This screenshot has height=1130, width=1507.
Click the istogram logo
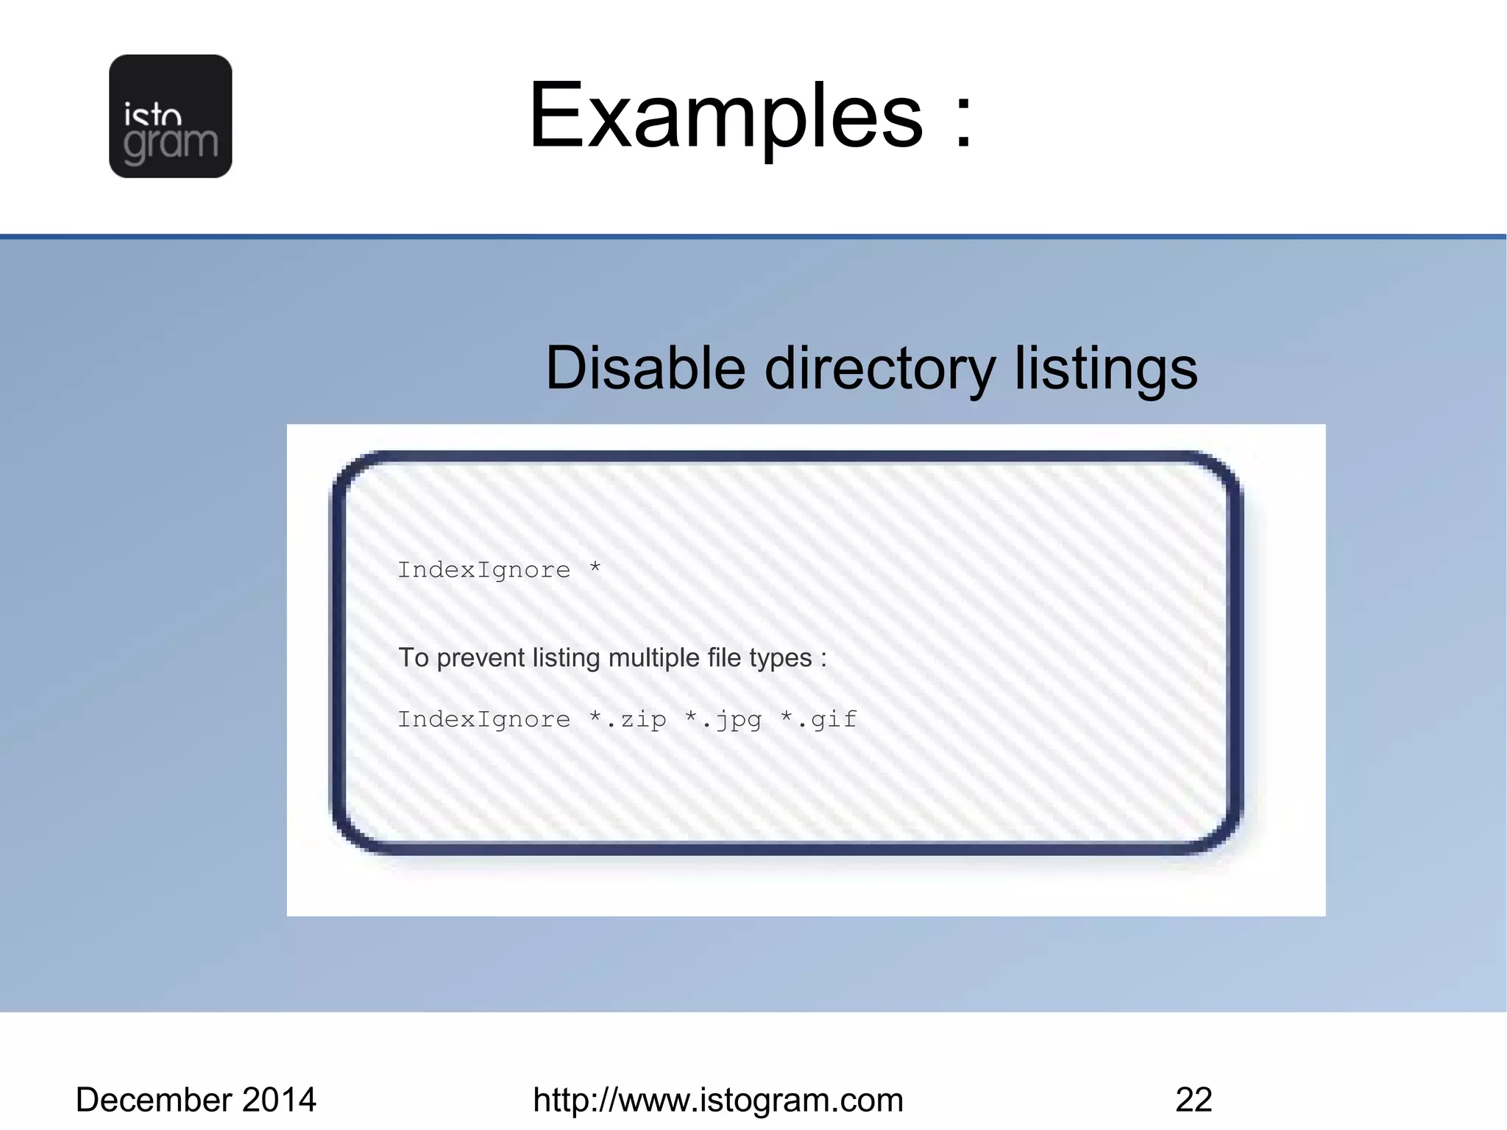pos(170,116)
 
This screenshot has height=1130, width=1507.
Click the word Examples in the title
pos(726,116)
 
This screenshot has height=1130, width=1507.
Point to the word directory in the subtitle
pos(880,370)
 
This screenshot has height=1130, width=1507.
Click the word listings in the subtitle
pos(1106,370)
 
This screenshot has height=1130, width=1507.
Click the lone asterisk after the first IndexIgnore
pos(595,568)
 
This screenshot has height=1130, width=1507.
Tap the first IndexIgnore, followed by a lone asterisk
pos(483,570)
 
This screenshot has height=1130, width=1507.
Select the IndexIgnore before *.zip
pos(483,719)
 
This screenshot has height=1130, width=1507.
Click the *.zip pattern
pos(628,719)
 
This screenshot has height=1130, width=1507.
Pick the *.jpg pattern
pos(723,720)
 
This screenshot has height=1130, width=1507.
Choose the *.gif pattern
pos(819,719)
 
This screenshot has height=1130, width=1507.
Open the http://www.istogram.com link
pos(717,1100)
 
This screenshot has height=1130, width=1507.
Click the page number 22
pos(1194,1100)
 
